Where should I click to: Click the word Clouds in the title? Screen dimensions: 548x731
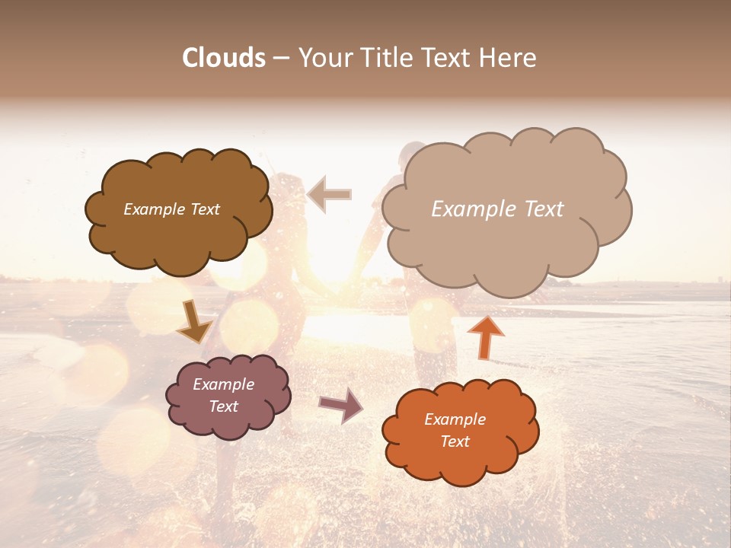(224, 58)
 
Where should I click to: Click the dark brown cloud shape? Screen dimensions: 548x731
(180, 236)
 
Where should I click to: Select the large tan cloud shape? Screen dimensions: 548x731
(506, 251)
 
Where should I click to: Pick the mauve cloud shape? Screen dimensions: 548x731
(228, 426)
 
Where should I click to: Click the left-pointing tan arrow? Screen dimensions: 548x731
(330, 194)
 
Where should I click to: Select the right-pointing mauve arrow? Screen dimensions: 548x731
(341, 405)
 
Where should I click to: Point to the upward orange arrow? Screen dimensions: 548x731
(484, 337)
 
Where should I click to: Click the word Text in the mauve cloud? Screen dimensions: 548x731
(224, 406)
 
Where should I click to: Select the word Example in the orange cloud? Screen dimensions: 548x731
(455, 419)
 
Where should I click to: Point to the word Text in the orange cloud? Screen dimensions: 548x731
(455, 441)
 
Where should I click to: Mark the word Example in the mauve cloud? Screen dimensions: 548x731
(224, 384)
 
